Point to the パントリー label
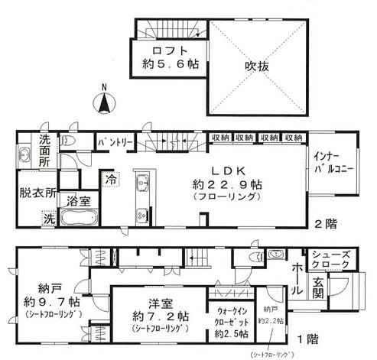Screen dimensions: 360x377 tap(114, 141)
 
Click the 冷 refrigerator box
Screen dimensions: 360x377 tap(112, 179)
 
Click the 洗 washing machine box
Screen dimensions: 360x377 tap(28, 219)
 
